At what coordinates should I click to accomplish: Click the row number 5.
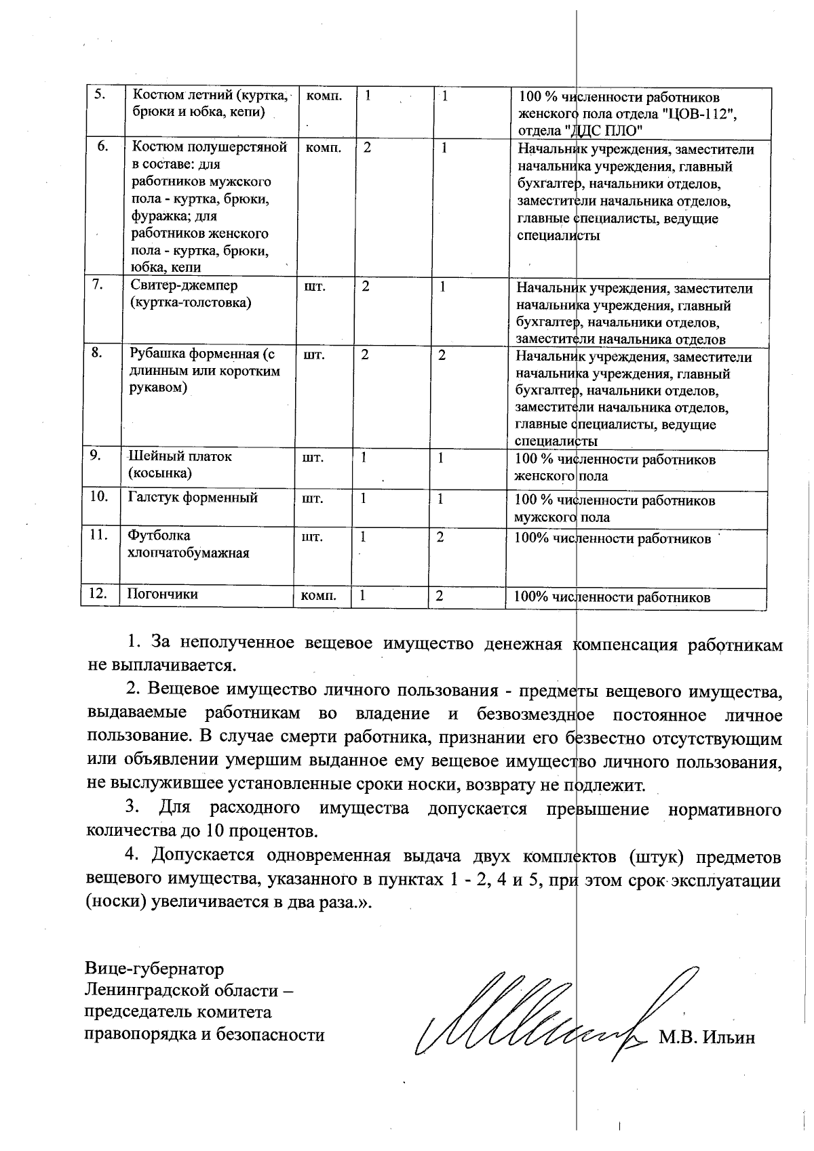(99, 95)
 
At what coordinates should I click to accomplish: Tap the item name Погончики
(163, 594)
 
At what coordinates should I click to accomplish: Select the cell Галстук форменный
(193, 498)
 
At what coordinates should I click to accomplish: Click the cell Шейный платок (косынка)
(180, 464)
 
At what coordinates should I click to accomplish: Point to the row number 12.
(99, 594)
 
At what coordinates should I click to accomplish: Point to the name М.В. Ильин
(707, 1038)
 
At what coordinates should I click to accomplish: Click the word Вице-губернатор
(154, 968)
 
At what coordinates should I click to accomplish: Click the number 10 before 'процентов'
(225, 831)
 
